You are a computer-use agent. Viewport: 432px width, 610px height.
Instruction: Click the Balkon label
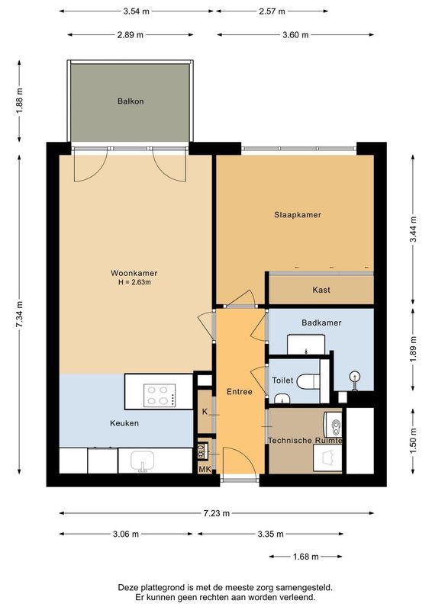131,101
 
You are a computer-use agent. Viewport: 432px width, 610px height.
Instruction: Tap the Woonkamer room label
134,273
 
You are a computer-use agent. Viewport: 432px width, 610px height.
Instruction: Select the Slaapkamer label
298,215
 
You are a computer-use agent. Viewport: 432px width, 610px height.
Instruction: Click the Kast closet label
321,290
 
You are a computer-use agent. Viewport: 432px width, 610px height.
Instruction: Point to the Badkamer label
321,323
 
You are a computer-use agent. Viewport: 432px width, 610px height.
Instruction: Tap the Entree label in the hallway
239,391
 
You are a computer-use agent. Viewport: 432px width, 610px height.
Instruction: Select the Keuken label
124,423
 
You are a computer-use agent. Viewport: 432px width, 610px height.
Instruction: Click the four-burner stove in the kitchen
161,395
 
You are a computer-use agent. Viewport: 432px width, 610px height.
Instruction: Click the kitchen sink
142,461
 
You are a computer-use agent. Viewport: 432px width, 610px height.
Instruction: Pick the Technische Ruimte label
305,441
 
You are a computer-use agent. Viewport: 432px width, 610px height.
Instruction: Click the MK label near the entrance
205,470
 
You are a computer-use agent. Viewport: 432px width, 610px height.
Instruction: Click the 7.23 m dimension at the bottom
216,513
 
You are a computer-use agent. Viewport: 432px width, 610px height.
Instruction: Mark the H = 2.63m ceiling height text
134,283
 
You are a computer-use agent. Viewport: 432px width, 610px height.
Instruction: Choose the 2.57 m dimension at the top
271,11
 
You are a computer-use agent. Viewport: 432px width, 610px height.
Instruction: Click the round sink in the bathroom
354,376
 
